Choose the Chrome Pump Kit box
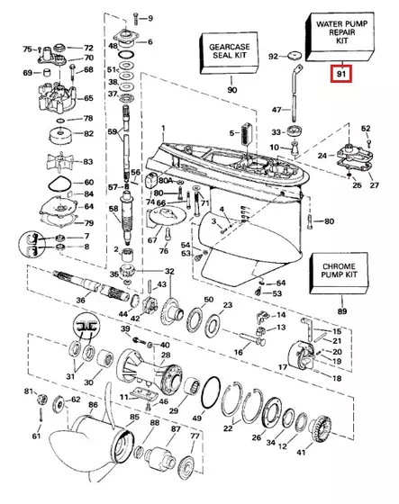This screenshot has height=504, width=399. pyautogui.click(x=341, y=274)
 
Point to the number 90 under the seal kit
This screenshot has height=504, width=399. pyautogui.click(x=231, y=90)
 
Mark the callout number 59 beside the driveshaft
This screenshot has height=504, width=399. pyautogui.click(x=113, y=133)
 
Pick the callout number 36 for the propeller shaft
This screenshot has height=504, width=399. pyautogui.click(x=81, y=300)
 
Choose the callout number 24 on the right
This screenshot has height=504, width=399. pyautogui.click(x=322, y=155)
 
